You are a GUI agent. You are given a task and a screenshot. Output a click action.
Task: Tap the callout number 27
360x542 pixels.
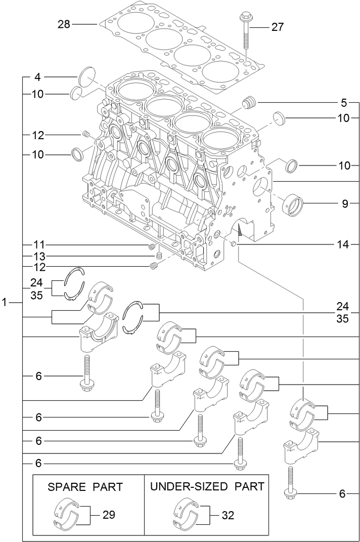[x=278, y=27]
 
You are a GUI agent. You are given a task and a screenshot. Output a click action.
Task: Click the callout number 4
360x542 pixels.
[x=37, y=77]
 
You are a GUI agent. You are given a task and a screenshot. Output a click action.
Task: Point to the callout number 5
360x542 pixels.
[x=344, y=103]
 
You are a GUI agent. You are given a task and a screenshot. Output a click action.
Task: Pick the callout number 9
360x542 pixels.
[x=345, y=204]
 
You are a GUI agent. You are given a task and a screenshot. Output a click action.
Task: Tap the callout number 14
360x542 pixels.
[x=344, y=245]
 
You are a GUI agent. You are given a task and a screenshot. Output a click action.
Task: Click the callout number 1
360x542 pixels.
[x=4, y=302]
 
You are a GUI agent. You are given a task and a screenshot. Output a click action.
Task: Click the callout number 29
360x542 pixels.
[x=109, y=515]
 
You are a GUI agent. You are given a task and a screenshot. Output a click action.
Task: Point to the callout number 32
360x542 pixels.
[x=228, y=515]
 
